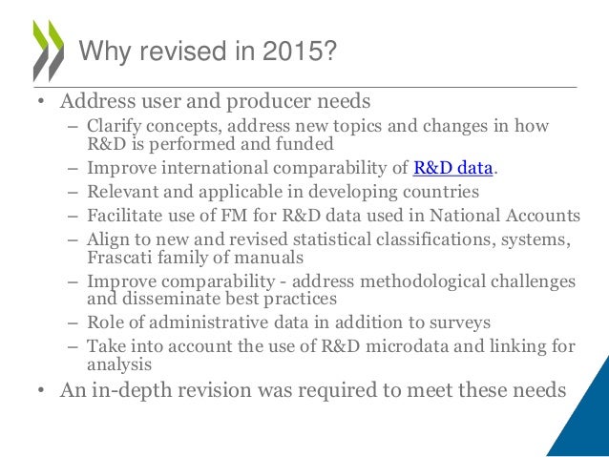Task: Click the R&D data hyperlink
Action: [453, 170]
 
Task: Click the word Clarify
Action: [115, 127]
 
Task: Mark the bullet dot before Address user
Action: [41, 102]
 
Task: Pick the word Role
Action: [105, 323]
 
